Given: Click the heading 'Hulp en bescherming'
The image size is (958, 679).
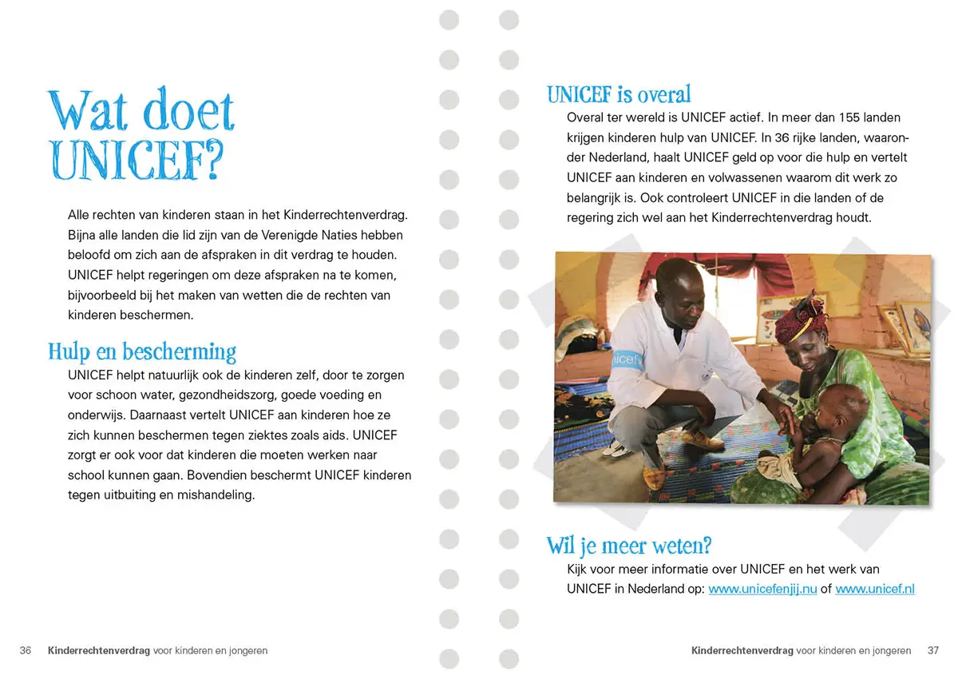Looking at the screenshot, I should [142, 351].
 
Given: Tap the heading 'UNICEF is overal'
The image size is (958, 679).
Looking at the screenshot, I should [619, 94].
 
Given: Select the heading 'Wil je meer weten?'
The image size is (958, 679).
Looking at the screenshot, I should [629, 546].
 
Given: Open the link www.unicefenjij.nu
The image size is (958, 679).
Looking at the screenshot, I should [762, 590].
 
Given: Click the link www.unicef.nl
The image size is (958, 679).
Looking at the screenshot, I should [874, 590].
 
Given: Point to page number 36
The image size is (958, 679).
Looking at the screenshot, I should [26, 651].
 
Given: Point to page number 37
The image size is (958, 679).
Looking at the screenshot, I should [933, 651].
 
